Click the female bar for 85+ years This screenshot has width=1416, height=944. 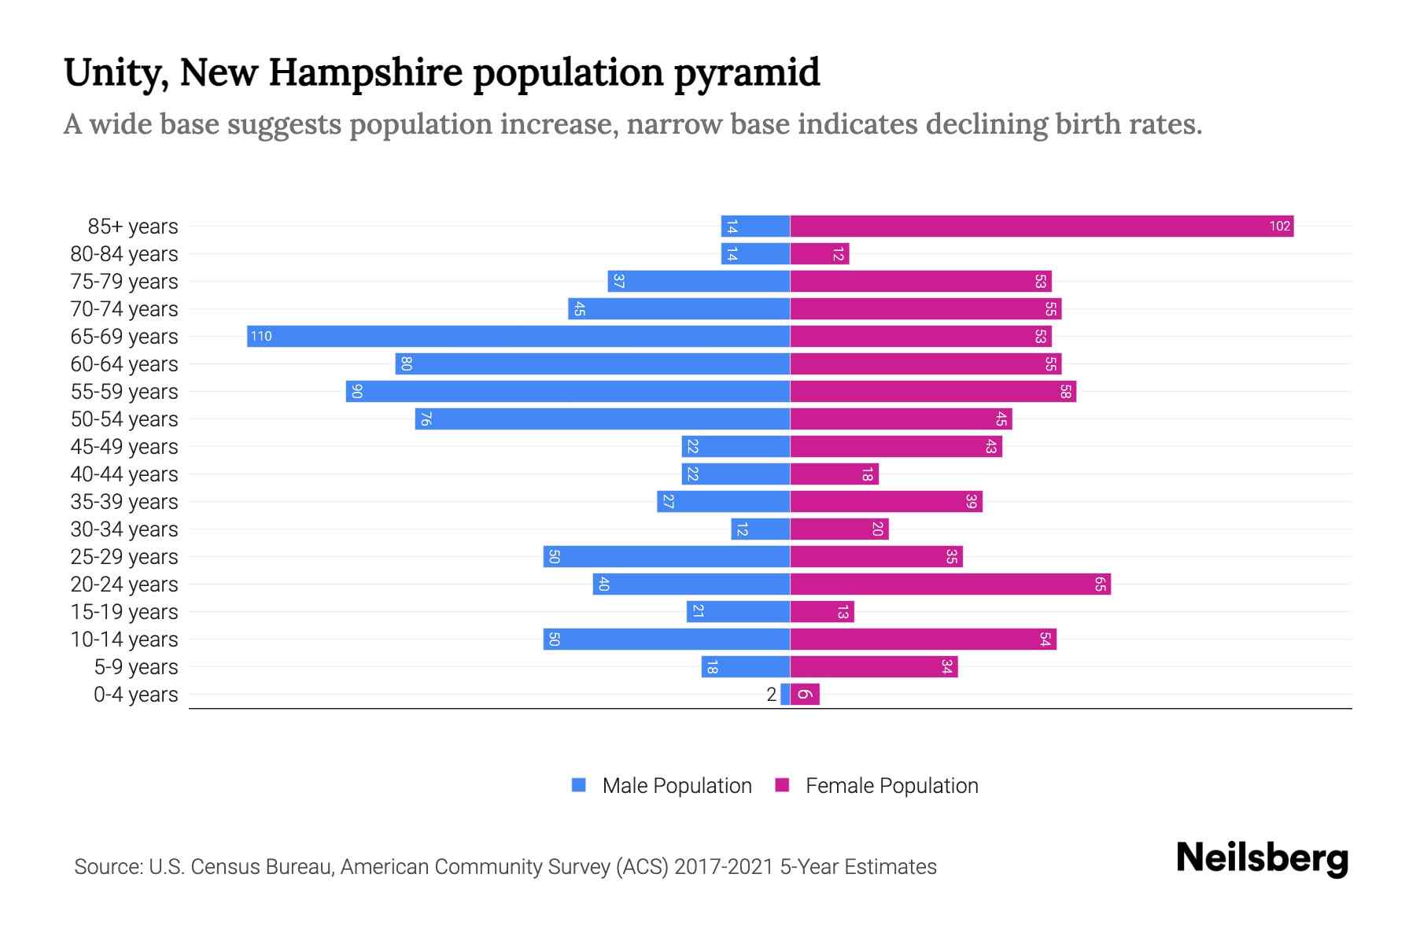[x=1042, y=227]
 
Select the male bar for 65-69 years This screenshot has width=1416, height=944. [x=518, y=337]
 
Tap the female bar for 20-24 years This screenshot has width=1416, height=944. [x=950, y=584]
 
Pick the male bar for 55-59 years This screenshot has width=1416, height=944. [x=568, y=392]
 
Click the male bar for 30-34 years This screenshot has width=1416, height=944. [x=761, y=529]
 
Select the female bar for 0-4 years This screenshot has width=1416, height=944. [x=805, y=695]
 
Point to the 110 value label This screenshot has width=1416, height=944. [x=261, y=337]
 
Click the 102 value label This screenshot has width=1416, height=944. [x=1279, y=227]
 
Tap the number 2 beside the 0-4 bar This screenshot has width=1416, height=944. [x=771, y=695]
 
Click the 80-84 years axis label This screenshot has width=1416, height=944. [x=124, y=254]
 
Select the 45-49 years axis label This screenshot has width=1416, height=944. [x=124, y=447]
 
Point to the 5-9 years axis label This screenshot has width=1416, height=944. [x=136, y=667]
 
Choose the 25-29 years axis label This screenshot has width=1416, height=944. [x=124, y=557]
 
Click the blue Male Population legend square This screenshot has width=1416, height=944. [x=579, y=785]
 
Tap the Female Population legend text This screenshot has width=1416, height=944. [x=891, y=786]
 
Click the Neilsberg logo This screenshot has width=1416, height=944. [x=1262, y=858]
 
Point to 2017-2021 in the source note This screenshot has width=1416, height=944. [x=724, y=867]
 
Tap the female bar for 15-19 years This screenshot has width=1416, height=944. [x=822, y=612]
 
